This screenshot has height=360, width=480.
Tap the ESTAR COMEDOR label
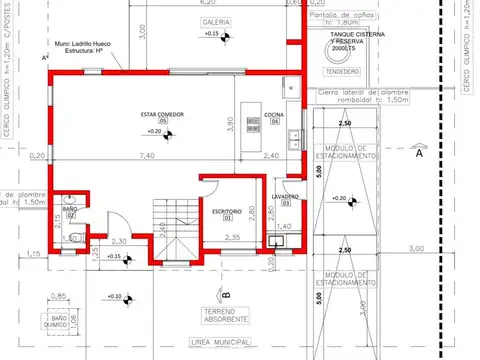pyautogui.click(x=161, y=116)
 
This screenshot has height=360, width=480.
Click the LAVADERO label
pyautogui.click(x=283, y=198)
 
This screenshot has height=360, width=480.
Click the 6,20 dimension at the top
pyautogui.click(x=223, y=4)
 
